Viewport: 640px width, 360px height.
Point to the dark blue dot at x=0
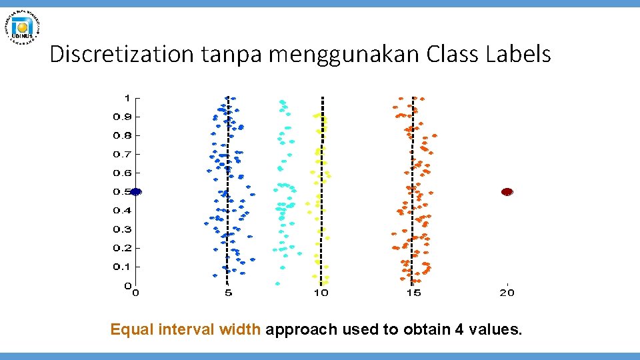pyautogui.click(x=136, y=191)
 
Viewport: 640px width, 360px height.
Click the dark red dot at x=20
pyautogui.click(x=507, y=191)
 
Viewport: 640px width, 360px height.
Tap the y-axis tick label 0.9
pyautogui.click(x=121, y=117)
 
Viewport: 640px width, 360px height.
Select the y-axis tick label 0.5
pyautogui.click(x=121, y=192)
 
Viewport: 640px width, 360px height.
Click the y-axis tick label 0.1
pyautogui.click(x=121, y=267)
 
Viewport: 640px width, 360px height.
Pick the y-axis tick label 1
pyautogui.click(x=127, y=97)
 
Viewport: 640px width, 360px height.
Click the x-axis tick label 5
pyautogui.click(x=228, y=293)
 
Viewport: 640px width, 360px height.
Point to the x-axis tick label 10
pyautogui.click(x=321, y=293)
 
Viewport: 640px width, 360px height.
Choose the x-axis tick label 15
pyautogui.click(x=413, y=293)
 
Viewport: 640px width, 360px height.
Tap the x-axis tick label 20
pyautogui.click(x=507, y=293)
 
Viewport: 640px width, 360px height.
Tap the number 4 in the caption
pyautogui.click(x=471, y=329)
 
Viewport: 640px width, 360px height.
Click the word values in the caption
pyautogui.click(x=500, y=329)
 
